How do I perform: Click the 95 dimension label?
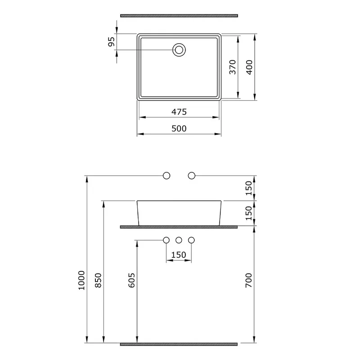[x=111, y=41]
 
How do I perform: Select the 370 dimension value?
[x=233, y=67]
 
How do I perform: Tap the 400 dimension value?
[x=249, y=67]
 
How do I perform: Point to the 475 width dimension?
[x=179, y=112]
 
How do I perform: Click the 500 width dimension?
[x=179, y=128]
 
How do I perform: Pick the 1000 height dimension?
[x=81, y=280]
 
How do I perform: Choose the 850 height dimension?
[x=98, y=280]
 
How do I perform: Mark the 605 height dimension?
[x=131, y=280]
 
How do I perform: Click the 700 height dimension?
[x=249, y=280]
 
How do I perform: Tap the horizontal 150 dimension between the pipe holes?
[x=179, y=255]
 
